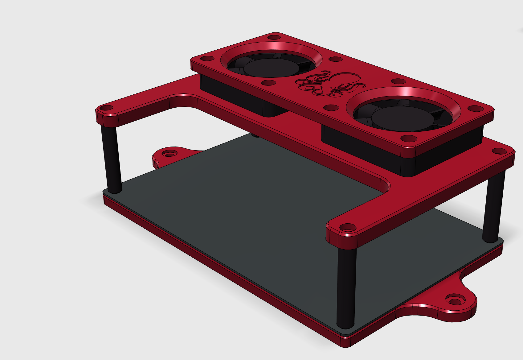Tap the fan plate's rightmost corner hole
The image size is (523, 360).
(475, 109)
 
